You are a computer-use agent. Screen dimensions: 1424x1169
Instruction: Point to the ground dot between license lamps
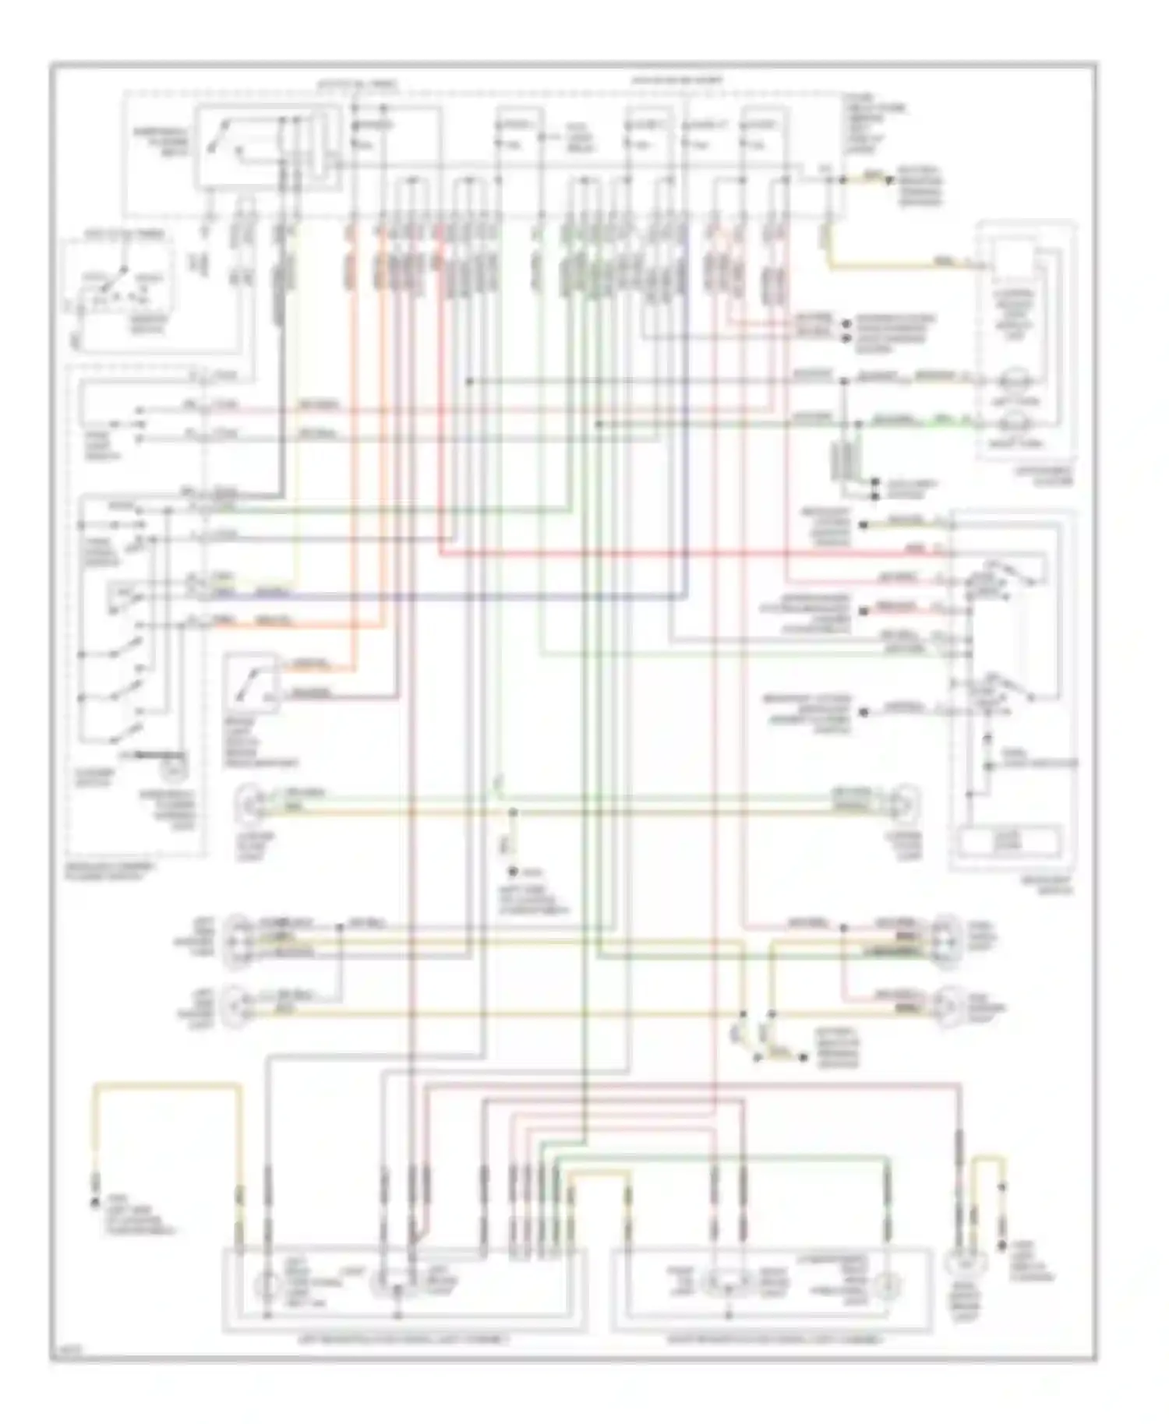click(x=513, y=872)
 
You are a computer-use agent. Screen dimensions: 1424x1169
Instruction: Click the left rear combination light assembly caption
click(x=404, y=1339)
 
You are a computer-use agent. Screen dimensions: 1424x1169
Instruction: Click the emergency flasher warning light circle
click(x=174, y=773)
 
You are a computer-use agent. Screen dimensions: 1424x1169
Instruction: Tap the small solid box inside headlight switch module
click(x=1009, y=841)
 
